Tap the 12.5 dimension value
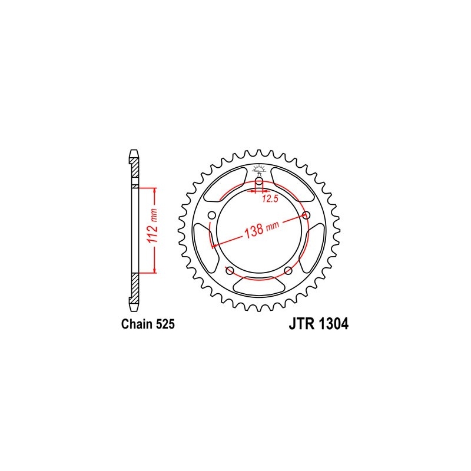pos(269,199)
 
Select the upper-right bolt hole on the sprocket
pos(306,215)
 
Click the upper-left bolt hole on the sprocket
pos(211,215)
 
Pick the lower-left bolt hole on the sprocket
pos(230,270)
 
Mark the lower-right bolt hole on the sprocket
pos(288,270)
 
